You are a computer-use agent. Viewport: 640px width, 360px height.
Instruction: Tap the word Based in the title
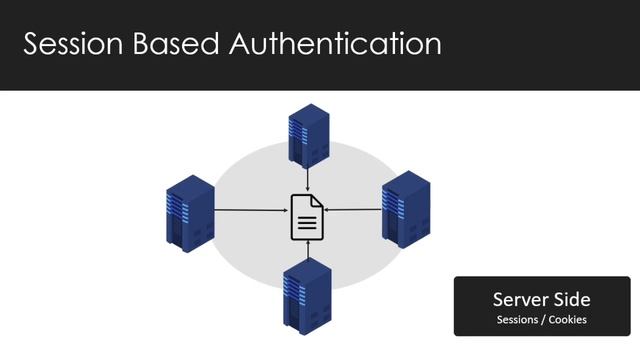coord(187,44)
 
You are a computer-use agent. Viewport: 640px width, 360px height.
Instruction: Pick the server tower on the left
coord(189,212)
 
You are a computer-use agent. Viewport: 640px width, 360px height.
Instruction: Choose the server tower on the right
coord(405,209)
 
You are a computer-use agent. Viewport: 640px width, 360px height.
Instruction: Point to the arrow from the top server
coord(308,179)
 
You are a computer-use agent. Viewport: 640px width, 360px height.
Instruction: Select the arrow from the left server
coord(250,210)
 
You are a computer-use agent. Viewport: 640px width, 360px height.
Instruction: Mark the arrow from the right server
coord(355,209)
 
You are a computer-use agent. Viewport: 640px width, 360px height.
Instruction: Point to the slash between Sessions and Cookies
coord(546,320)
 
